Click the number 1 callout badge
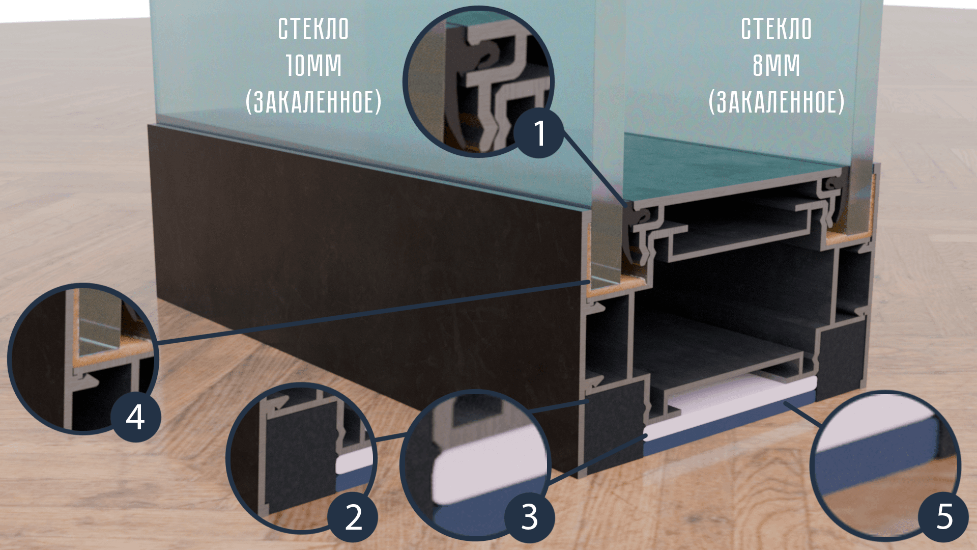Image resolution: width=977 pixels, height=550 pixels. pos(538,133)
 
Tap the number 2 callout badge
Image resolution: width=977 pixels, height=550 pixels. pos(353,517)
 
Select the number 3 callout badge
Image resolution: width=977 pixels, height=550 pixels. pos(529,517)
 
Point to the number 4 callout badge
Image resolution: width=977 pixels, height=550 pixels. pos(136,417)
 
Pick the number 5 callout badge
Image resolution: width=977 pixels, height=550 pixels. pos(944,516)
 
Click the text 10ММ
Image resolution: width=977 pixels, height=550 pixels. pos(313,66)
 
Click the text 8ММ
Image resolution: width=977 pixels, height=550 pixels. pos(777,66)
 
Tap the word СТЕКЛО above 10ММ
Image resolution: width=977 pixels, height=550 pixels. pos(313,29)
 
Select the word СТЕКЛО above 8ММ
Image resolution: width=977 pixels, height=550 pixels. pos(777,29)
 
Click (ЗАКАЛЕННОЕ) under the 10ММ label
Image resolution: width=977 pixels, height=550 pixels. pos(313,102)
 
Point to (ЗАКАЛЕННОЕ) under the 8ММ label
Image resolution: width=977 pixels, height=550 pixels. pos(777,102)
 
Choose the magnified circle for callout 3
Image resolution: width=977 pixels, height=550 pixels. pos(476,465)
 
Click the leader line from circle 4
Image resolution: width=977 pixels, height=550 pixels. pos(371,312)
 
